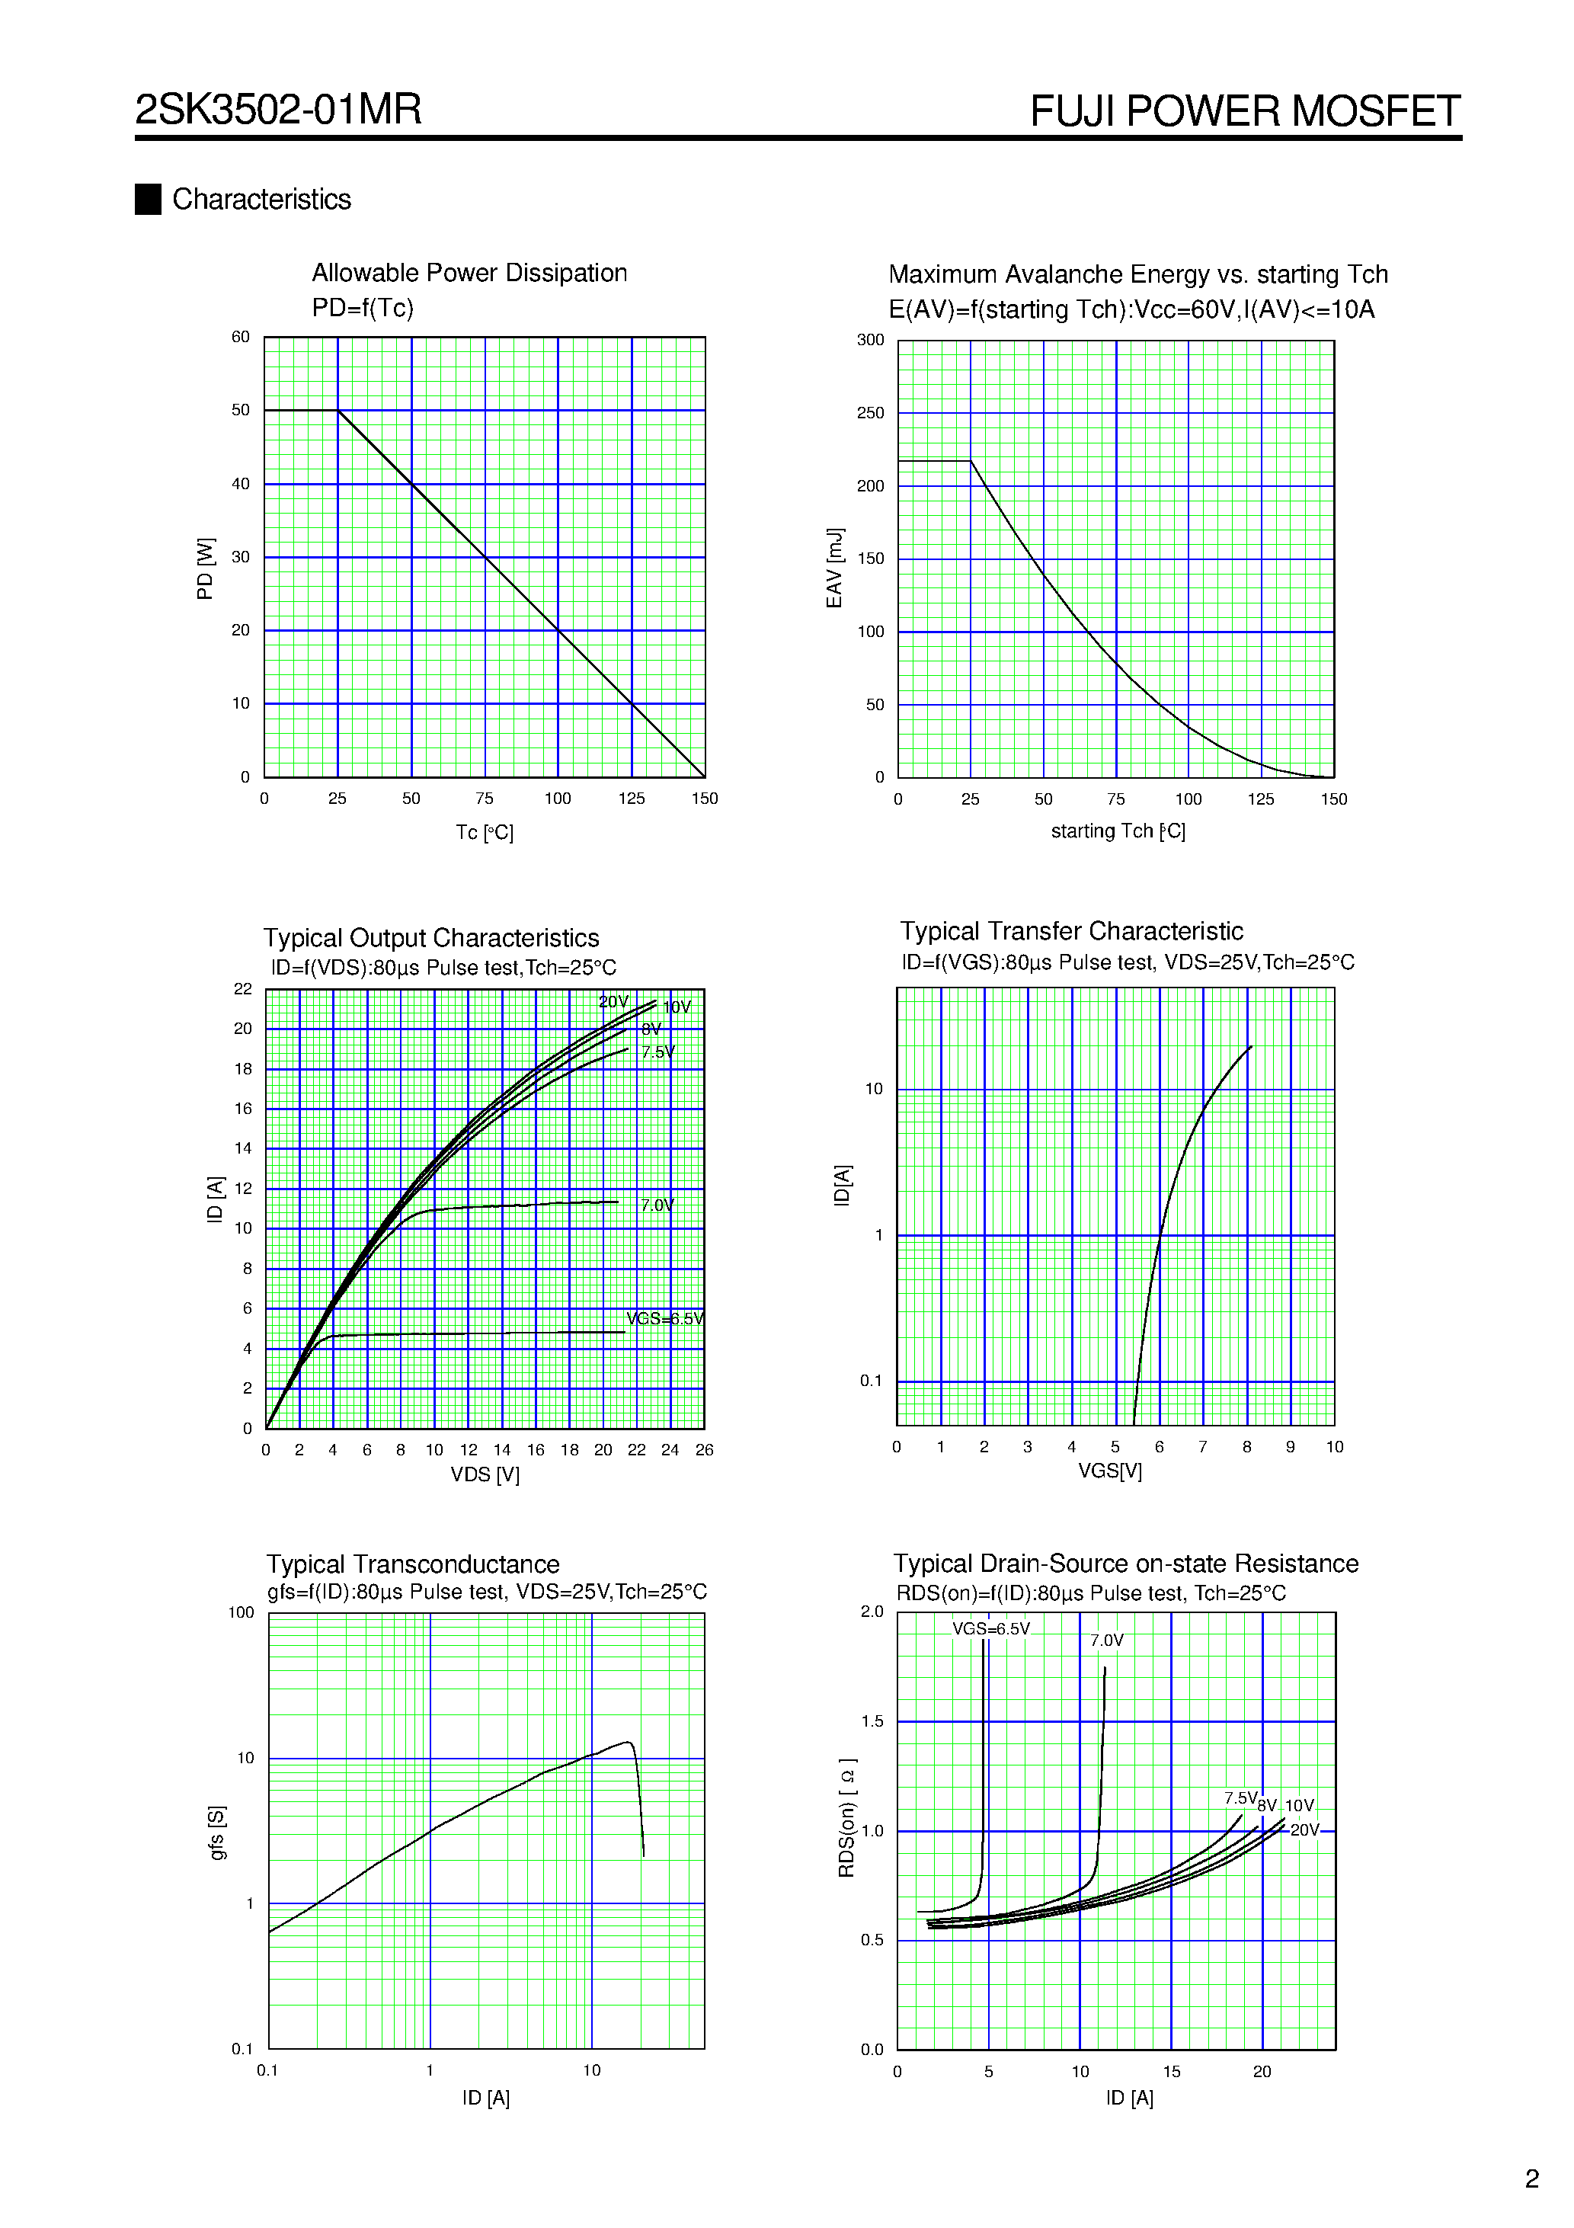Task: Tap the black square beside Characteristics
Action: [148, 199]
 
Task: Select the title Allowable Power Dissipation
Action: [469, 274]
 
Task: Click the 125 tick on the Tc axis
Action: [631, 799]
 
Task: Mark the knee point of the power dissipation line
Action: [338, 411]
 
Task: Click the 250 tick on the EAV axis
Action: [871, 414]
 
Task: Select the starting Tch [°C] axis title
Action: [1117, 831]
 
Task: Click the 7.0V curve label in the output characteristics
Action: [657, 1205]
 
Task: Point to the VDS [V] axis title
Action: [485, 1475]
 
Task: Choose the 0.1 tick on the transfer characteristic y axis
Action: [871, 1381]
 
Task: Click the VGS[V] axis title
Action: [1109, 1471]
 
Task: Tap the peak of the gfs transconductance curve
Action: [628, 1743]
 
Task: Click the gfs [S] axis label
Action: [216, 1833]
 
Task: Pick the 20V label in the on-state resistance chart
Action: [1304, 1830]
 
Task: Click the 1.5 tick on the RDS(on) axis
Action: [872, 1721]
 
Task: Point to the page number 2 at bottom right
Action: [1531, 2178]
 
